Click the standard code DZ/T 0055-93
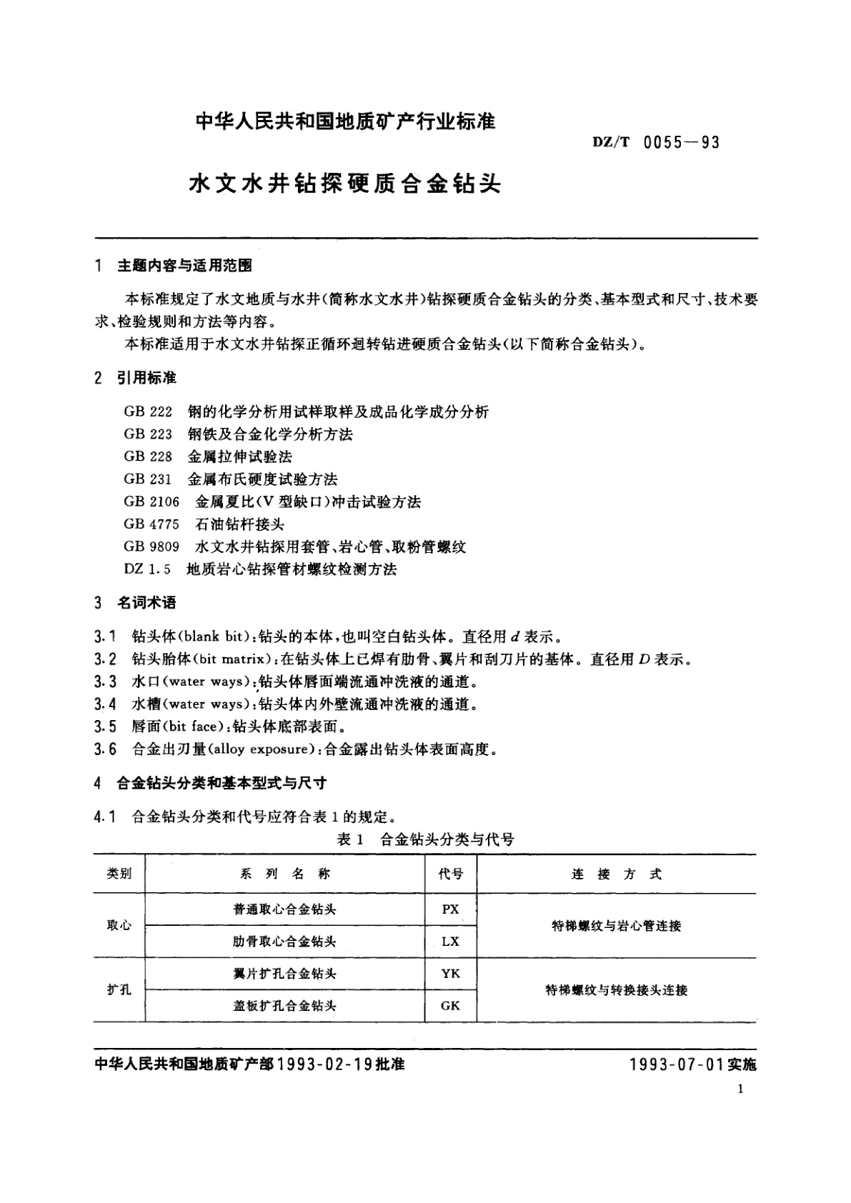coord(655,142)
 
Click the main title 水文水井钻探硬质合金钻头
coord(344,184)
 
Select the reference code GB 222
coord(148,411)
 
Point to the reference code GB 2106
coord(151,501)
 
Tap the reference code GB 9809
coord(151,547)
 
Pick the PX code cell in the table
coord(450,909)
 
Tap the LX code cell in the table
coord(450,942)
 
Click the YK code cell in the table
coord(450,974)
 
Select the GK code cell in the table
coord(450,1006)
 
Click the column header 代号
coord(450,874)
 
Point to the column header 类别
coord(119,874)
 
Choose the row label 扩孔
coord(119,990)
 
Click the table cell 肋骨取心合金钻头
coord(284,942)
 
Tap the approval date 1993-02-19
coord(324,1064)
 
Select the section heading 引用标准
coord(146,378)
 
